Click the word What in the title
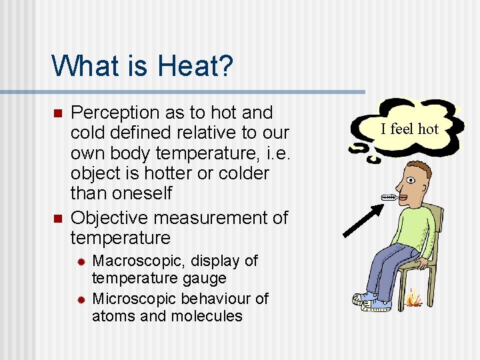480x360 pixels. [x=81, y=66]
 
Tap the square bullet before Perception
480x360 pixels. [x=57, y=113]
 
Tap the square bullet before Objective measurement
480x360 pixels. [x=57, y=218]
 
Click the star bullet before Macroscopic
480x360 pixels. [x=80, y=261]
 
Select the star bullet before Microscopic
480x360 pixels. [x=80, y=299]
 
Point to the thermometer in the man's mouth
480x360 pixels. [x=391, y=197]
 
